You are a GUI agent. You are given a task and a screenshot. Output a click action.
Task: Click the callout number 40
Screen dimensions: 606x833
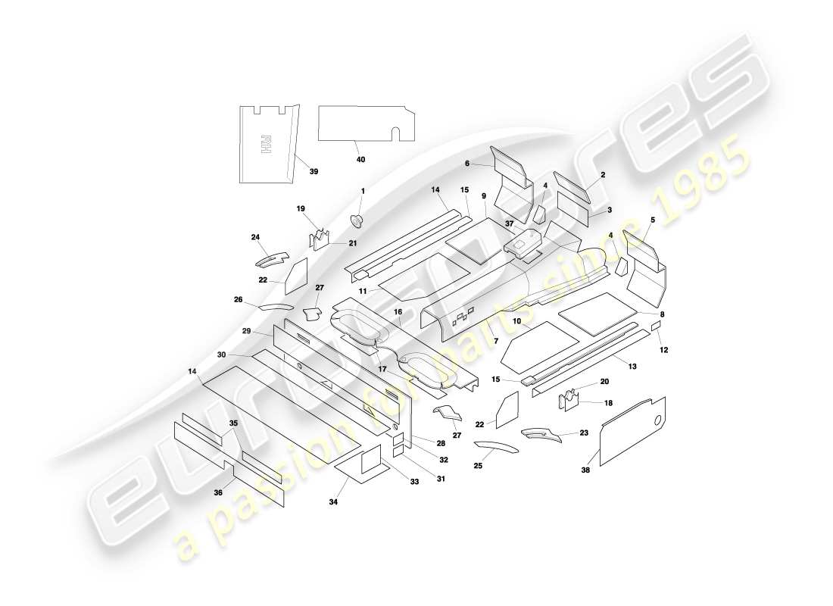tap(360, 159)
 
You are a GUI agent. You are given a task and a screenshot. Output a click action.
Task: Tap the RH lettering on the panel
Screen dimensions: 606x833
tap(265, 144)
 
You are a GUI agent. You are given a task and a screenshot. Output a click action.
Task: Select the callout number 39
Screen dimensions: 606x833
tap(314, 172)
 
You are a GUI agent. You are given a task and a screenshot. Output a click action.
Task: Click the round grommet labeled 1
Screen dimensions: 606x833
tap(357, 220)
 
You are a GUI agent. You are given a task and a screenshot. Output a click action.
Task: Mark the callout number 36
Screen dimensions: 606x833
tap(218, 492)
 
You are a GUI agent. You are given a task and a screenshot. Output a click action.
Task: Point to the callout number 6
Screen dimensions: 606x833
tap(467, 163)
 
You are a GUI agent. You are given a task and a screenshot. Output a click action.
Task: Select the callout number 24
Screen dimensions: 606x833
tap(255, 237)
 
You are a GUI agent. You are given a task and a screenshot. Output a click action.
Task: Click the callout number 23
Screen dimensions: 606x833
tap(583, 433)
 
